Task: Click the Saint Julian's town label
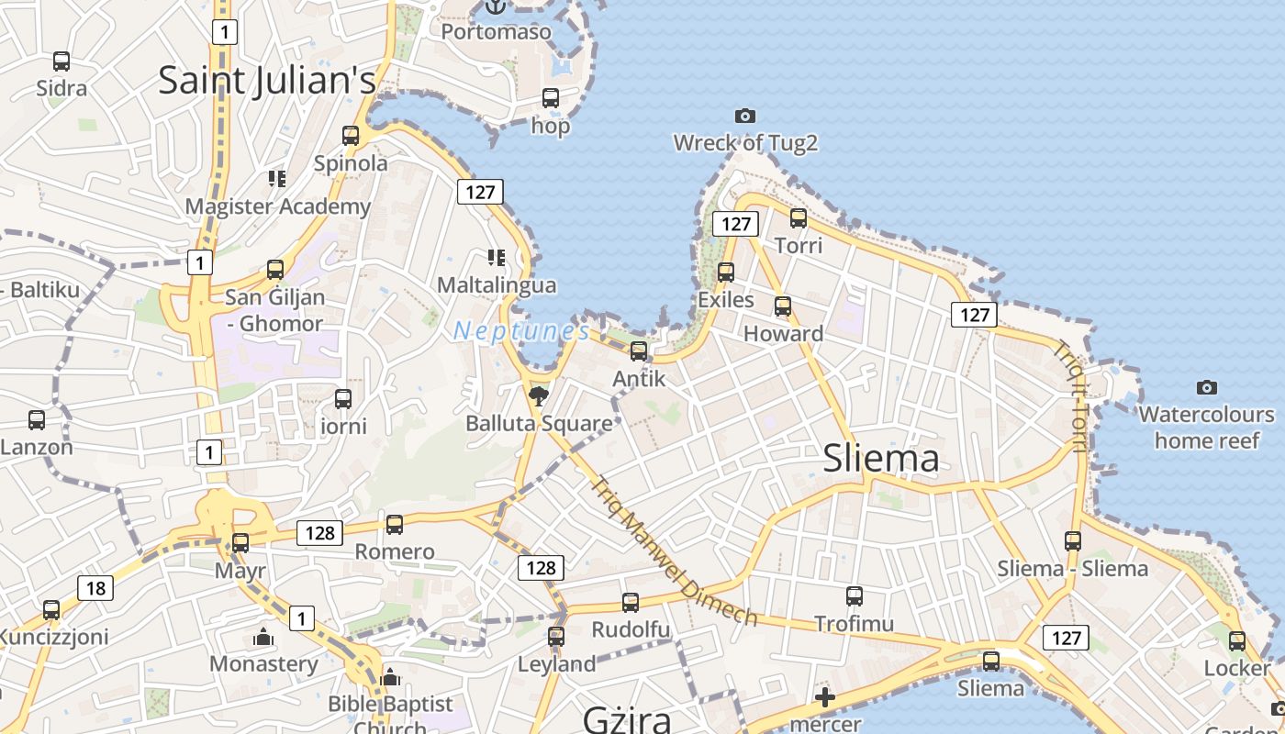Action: [x=267, y=81]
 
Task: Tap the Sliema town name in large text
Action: [x=881, y=459]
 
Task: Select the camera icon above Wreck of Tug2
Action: [x=745, y=116]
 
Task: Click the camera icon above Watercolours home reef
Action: [x=1207, y=387]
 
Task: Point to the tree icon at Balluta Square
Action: [x=539, y=396]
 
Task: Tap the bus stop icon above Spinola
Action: [x=351, y=136]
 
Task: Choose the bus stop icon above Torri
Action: [x=799, y=218]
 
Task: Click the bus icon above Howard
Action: [x=783, y=306]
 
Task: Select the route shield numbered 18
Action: [x=95, y=588]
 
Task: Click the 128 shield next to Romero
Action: [x=319, y=533]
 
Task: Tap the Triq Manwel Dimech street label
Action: [x=675, y=551]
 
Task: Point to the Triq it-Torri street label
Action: [x=1070, y=396]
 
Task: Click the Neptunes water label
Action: [x=521, y=331]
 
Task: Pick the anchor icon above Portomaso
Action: [x=496, y=6]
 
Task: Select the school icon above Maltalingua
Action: [x=497, y=258]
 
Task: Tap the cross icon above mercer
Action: [x=825, y=697]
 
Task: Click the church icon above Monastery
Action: [x=263, y=637]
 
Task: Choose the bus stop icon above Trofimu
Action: [x=855, y=596]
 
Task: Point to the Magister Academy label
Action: [x=277, y=206]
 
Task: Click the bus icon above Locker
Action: [x=1237, y=641]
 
